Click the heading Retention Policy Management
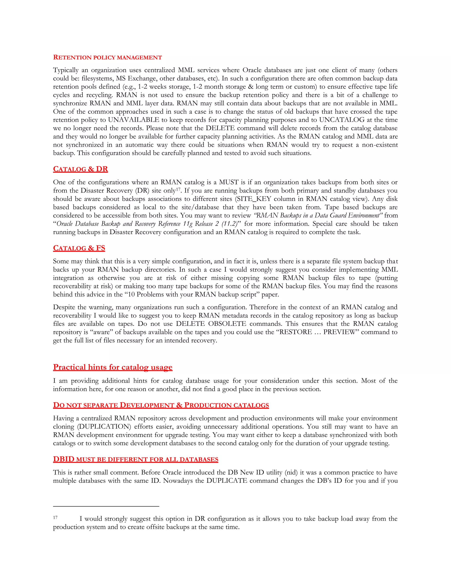(x=107, y=58)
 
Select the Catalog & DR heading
(x=80, y=169)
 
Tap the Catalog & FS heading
(x=79, y=248)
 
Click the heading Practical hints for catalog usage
(x=113, y=367)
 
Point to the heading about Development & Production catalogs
(x=161, y=405)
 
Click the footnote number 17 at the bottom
(x=55, y=518)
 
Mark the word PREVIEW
(x=340, y=332)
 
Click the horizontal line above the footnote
(x=106, y=506)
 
